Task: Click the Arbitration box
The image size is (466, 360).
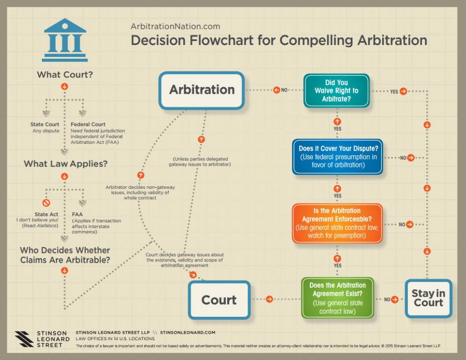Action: point(202,90)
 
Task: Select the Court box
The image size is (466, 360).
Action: point(219,299)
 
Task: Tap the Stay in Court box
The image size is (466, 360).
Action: point(428,298)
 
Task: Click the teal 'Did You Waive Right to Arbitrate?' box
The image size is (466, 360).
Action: point(336,91)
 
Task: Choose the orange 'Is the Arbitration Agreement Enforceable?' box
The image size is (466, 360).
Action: point(337,223)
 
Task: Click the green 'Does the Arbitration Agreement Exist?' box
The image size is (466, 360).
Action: point(338,298)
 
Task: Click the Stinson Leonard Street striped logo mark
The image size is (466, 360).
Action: point(24,339)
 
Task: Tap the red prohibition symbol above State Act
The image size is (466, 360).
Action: point(46,203)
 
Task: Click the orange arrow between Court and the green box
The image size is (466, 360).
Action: point(269,299)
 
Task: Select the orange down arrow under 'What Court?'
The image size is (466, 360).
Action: point(65,86)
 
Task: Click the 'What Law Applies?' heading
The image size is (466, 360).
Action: point(66,164)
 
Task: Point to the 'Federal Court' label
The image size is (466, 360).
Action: point(88,124)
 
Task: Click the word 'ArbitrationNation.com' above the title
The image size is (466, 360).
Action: point(175,27)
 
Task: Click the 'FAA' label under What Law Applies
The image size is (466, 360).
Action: point(77,214)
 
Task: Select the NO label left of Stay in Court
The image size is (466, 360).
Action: point(387,299)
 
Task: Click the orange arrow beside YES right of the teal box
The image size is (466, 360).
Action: point(403,91)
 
